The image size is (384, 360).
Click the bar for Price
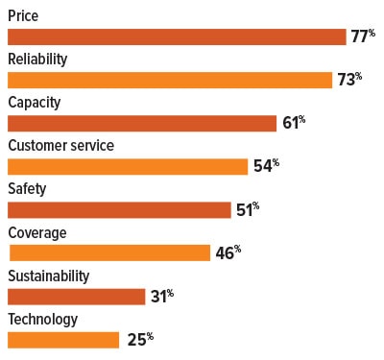tap(177, 36)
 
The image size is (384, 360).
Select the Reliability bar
tap(166, 80)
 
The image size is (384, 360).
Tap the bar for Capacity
tap(142, 123)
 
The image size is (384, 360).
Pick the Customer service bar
tap(128, 166)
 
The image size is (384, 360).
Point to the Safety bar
tap(119, 209)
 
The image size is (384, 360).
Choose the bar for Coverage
tap(109, 252)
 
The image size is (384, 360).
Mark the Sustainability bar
tap(76, 296)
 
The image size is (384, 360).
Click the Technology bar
tap(63, 339)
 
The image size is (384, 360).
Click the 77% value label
tap(363, 36)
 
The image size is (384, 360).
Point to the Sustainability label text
tap(48, 276)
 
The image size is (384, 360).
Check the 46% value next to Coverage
tap(228, 252)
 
